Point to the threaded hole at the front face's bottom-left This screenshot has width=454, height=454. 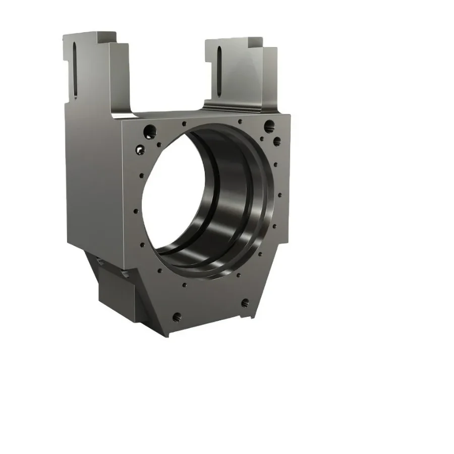[x=177, y=317]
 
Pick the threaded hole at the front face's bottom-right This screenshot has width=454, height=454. [x=245, y=303]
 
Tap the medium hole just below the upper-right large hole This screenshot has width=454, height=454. [x=276, y=140]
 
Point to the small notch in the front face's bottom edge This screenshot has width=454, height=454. [x=246, y=318]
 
